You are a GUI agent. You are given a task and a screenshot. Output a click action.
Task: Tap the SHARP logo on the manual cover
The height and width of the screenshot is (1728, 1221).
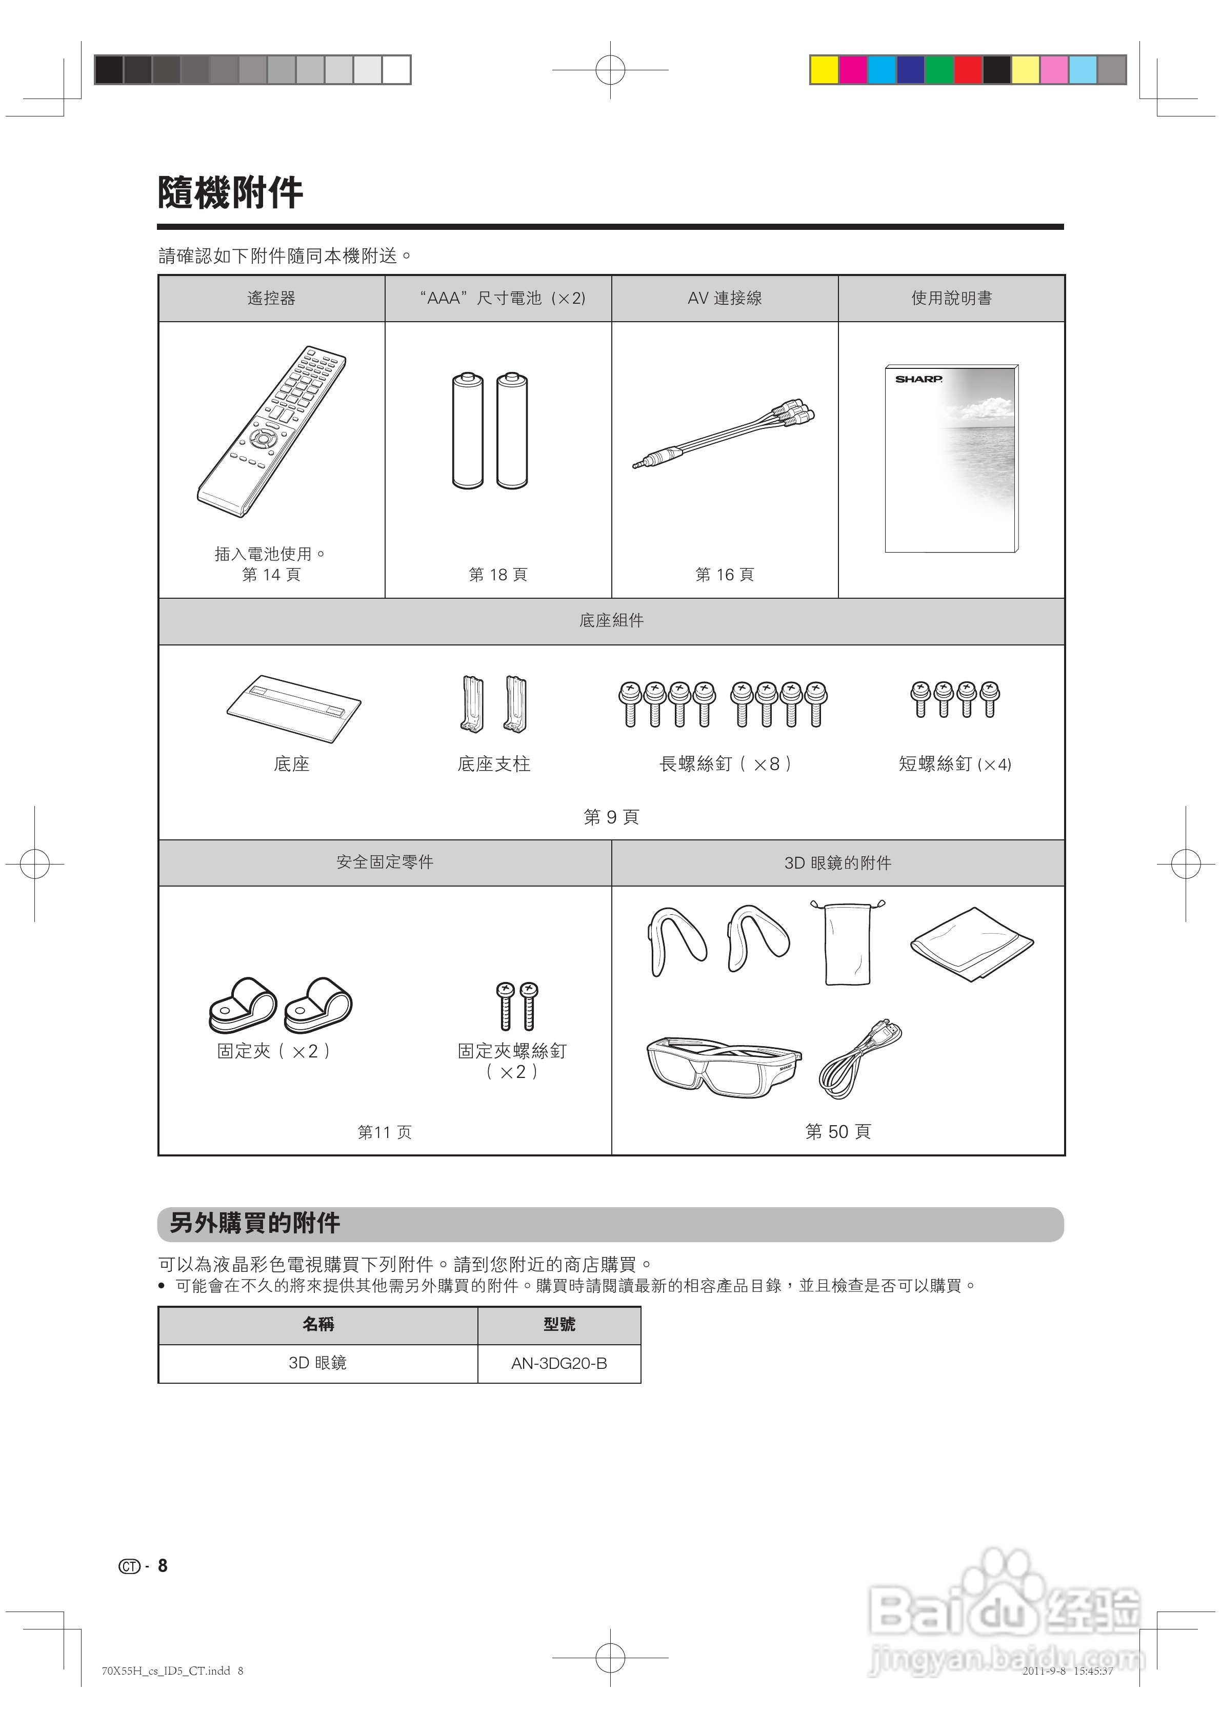pyautogui.click(x=918, y=379)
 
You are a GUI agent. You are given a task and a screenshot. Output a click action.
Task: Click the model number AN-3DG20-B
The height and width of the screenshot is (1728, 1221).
pyautogui.click(x=559, y=1363)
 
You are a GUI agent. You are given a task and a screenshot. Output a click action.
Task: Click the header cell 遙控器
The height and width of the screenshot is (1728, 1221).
pyautogui.click(x=272, y=298)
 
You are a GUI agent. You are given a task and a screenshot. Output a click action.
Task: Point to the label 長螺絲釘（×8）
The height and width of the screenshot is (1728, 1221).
pyautogui.click(x=725, y=764)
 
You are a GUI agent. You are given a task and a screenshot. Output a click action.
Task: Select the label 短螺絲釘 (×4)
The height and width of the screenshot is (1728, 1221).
pyautogui.click(x=954, y=764)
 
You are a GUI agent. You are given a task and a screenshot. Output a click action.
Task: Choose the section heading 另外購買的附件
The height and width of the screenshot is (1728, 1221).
pyautogui.click(x=254, y=1223)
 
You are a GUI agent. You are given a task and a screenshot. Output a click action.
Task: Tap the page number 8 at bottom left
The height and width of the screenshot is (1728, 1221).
pyautogui.click(x=163, y=1566)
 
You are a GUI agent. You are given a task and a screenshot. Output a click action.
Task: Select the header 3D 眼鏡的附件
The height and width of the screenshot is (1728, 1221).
pyautogui.click(x=837, y=862)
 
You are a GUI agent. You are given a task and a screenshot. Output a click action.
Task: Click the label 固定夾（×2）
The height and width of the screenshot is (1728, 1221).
pyautogui.click(x=274, y=1051)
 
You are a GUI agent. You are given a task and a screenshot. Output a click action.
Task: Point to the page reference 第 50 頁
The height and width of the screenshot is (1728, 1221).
pyautogui.click(x=837, y=1131)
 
